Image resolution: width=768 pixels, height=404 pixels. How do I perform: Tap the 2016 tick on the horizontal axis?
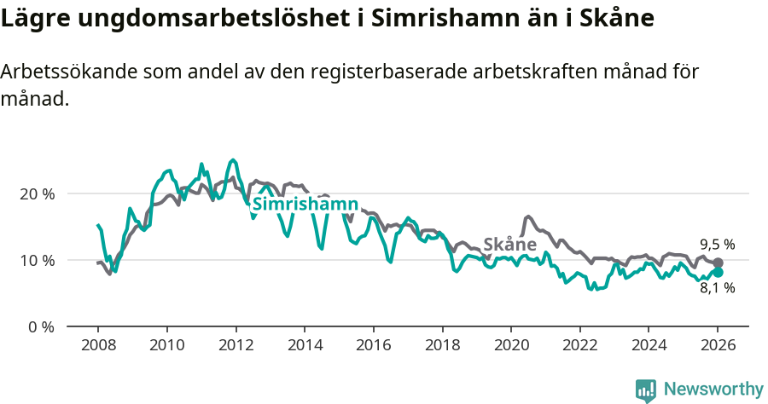(373, 346)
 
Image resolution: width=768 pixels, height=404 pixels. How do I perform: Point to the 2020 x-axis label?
(511, 346)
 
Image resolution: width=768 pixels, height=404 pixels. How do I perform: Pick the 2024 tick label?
(649, 346)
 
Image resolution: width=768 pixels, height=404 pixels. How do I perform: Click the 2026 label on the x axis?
(718, 346)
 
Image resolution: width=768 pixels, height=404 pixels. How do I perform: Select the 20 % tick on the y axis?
(37, 193)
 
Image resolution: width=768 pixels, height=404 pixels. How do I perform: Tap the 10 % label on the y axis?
(37, 260)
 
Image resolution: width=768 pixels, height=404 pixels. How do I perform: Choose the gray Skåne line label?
(509, 245)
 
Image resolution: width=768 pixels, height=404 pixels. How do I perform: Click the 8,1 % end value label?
(717, 288)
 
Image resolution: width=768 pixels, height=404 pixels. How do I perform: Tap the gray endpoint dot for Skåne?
(718, 263)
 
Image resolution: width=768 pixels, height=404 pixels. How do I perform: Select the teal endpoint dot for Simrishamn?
(718, 272)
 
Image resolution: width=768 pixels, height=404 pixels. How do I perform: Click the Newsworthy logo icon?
(646, 390)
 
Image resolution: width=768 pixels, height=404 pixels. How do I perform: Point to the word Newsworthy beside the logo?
(713, 390)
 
